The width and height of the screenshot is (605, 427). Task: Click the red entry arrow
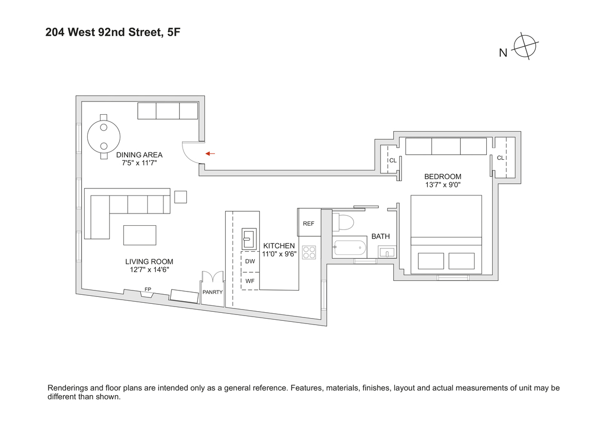[x=210, y=153]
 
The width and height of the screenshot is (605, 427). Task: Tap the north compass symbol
[x=525, y=47]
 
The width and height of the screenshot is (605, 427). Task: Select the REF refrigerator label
[x=309, y=224]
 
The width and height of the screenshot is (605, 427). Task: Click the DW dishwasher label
[x=250, y=261]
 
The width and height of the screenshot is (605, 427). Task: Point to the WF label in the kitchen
[x=250, y=280]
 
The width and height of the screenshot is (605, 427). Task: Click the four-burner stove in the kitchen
[x=309, y=252]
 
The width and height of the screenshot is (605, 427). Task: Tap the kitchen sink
[x=249, y=238]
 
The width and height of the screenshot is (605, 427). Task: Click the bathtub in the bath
[x=350, y=246]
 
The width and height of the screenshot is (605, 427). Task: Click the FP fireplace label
[x=147, y=289]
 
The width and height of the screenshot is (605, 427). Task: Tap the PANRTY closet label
[x=212, y=292]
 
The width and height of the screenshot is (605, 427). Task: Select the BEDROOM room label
[x=442, y=176]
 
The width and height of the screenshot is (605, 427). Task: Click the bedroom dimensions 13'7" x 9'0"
[x=442, y=185]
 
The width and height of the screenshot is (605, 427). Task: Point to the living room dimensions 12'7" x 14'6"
[x=149, y=270]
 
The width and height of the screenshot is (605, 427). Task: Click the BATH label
[x=380, y=236]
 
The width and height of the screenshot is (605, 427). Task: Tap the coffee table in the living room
[x=140, y=234]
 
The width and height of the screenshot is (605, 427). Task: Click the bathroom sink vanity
[x=388, y=252]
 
